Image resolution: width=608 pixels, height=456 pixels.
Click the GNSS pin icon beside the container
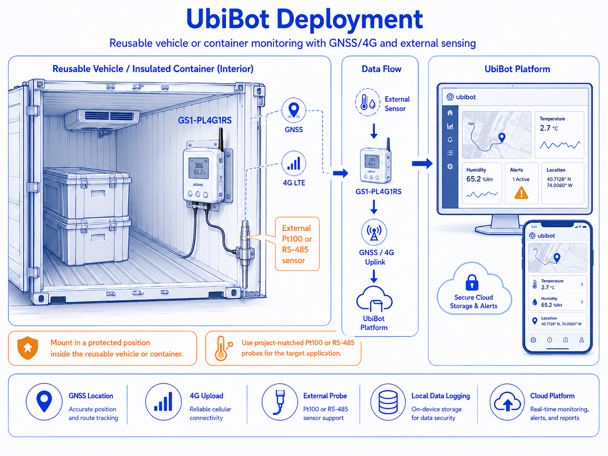click(x=294, y=110)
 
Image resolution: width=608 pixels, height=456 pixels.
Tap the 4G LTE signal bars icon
click(x=294, y=163)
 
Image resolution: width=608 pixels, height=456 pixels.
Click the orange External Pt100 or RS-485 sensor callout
click(x=297, y=244)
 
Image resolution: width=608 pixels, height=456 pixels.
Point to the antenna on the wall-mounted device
click(x=221, y=139)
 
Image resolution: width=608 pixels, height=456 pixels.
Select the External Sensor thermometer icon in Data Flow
click(x=367, y=102)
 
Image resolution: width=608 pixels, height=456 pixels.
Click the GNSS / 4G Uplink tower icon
click(x=374, y=232)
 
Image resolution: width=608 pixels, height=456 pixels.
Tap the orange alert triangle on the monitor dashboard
click(x=521, y=193)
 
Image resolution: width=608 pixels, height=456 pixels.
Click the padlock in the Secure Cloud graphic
click(x=472, y=283)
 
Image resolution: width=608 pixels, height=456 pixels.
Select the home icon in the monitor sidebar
click(x=450, y=113)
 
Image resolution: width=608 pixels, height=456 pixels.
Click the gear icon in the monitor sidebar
click(x=450, y=166)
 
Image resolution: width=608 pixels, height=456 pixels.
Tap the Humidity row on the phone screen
click(x=557, y=302)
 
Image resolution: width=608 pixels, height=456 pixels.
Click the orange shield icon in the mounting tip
click(x=28, y=348)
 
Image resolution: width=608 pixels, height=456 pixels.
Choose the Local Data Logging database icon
click(x=388, y=402)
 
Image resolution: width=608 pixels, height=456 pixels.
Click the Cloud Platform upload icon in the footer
click(x=507, y=402)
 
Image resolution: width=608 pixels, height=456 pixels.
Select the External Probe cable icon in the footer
click(x=280, y=402)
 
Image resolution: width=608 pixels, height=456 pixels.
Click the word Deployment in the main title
click(x=350, y=19)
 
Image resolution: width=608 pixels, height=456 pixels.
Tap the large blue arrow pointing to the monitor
click(x=422, y=164)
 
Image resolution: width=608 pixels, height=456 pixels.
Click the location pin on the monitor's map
click(x=502, y=137)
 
